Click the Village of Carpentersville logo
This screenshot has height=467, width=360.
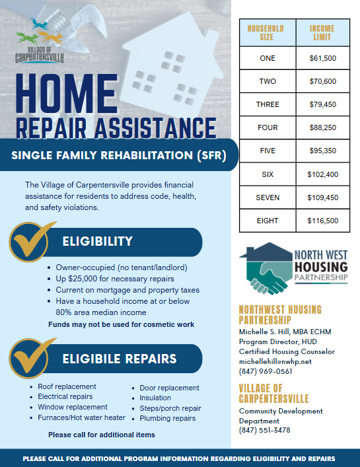(40, 44)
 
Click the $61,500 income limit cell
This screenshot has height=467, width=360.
(322, 59)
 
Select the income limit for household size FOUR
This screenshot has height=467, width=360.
(322, 127)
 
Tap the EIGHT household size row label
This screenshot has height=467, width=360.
(268, 221)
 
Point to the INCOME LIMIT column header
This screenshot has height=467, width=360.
(322, 33)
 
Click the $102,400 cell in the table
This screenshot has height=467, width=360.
(322, 174)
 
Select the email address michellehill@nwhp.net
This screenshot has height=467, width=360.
(274, 362)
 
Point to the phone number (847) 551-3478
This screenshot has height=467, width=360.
(264, 430)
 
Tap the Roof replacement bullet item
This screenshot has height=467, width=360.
(67, 386)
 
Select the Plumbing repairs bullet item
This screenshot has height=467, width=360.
(168, 418)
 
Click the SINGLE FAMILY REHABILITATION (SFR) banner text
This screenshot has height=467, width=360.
(118, 157)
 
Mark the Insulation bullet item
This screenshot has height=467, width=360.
(155, 398)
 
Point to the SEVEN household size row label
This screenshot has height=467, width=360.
(268, 198)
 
